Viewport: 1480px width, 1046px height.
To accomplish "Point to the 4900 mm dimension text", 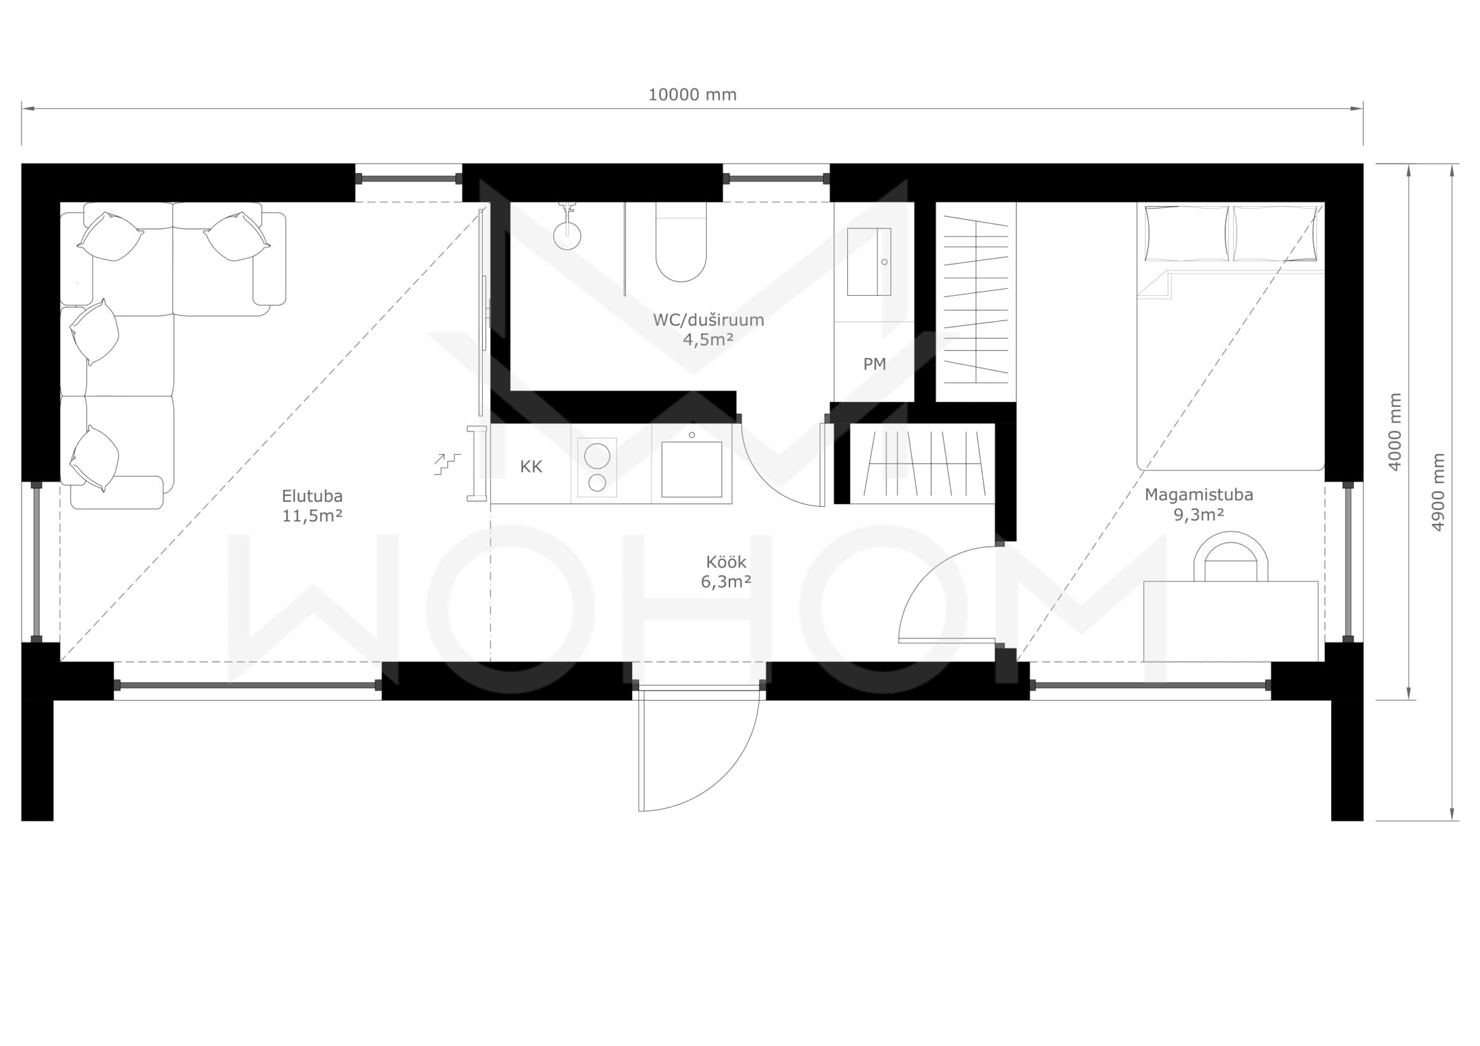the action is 1437,492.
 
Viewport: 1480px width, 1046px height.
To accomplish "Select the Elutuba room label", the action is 312,496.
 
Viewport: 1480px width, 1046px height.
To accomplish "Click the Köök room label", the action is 726,562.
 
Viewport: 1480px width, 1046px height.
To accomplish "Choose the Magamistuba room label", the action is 1199,495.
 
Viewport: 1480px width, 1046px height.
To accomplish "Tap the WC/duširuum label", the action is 709,320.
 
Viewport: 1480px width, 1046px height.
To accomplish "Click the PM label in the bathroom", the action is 874,364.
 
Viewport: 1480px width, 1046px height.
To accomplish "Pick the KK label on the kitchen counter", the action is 531,467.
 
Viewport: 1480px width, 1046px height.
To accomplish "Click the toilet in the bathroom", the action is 681,242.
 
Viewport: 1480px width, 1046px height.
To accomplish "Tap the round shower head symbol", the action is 567,237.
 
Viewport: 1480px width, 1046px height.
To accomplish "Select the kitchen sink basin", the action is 691,469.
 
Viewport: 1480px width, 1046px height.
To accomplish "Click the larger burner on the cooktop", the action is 597,456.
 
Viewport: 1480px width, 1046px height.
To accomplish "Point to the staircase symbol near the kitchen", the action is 447,464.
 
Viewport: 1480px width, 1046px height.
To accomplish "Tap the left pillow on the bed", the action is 1186,233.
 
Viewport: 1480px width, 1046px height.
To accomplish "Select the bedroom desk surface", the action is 1231,621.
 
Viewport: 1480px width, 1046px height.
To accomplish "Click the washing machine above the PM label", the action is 869,262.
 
